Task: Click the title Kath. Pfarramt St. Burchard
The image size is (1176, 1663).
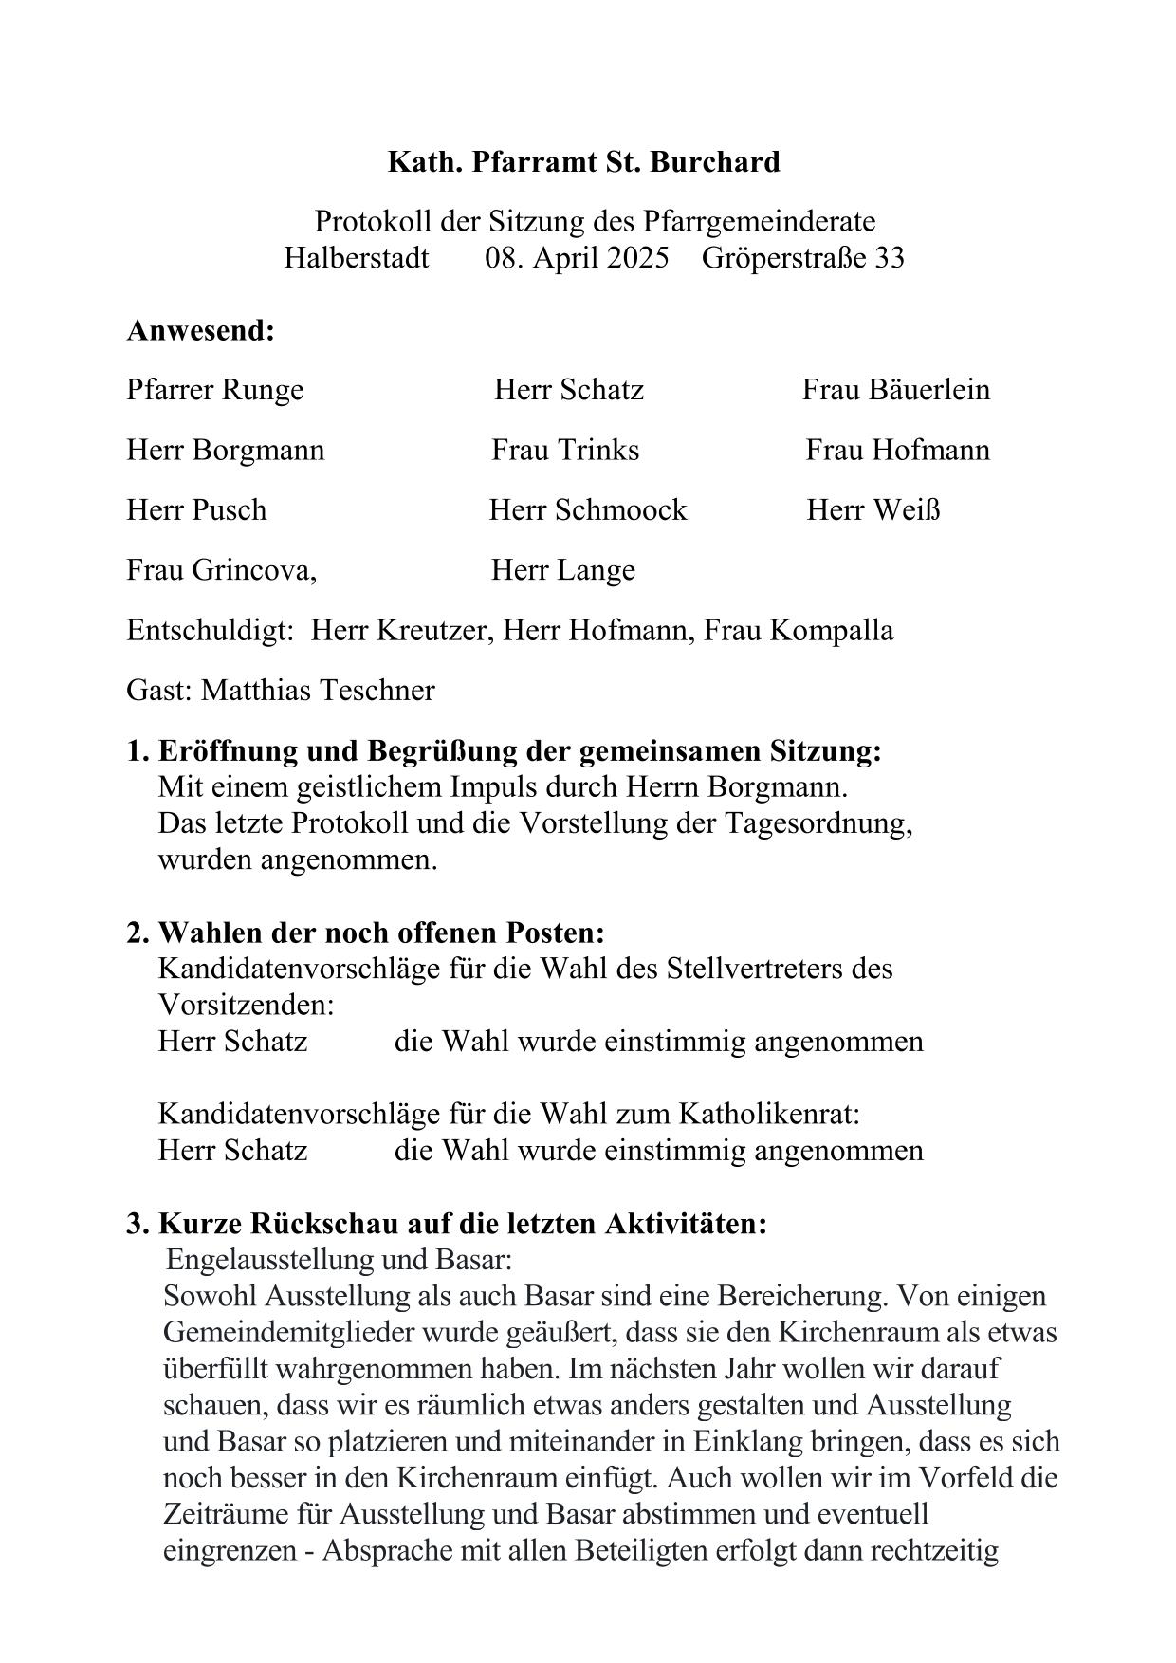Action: [583, 162]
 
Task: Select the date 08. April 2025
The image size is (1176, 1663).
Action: [577, 258]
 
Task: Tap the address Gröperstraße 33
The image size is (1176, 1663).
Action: [802, 258]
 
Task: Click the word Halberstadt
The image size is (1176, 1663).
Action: [356, 258]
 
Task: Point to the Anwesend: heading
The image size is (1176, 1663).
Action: [200, 331]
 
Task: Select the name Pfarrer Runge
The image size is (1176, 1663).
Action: [215, 390]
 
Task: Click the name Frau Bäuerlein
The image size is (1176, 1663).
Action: [895, 390]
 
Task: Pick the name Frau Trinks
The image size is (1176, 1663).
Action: [565, 450]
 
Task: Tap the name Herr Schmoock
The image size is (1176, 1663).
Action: [587, 510]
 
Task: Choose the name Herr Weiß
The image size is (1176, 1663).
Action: [873, 510]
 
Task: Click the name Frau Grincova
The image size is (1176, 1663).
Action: [221, 570]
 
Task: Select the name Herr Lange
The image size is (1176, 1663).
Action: [562, 570]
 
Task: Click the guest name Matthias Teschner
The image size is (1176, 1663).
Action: [318, 691]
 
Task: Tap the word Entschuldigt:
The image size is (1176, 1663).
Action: [210, 631]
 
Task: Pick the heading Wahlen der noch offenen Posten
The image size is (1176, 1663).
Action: [380, 933]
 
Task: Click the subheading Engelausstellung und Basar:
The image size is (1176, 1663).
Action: [339, 1260]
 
